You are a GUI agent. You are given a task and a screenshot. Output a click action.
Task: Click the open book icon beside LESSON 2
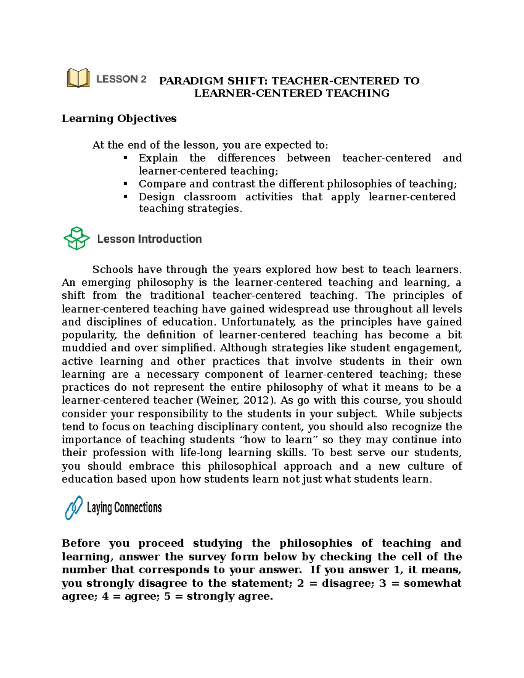point(78,78)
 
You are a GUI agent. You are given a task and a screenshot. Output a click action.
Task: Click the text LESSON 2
point(121,79)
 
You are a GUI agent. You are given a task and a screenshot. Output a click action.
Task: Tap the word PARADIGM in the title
point(191,81)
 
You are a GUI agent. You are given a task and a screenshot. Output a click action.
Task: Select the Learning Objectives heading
point(119,118)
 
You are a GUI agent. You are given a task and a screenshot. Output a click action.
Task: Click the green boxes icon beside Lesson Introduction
point(76,238)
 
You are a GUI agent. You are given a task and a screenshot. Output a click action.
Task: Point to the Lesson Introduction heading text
point(149,239)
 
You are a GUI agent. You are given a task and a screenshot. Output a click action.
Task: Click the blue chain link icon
point(74,507)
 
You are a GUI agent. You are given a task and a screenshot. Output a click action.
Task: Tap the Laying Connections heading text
point(124,507)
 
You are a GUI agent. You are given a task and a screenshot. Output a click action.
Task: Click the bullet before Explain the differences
point(126,158)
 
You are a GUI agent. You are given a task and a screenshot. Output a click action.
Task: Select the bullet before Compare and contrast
point(126,183)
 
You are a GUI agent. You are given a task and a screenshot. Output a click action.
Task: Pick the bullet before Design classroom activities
point(126,196)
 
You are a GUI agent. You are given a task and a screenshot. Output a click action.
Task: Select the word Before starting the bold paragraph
point(80,543)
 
